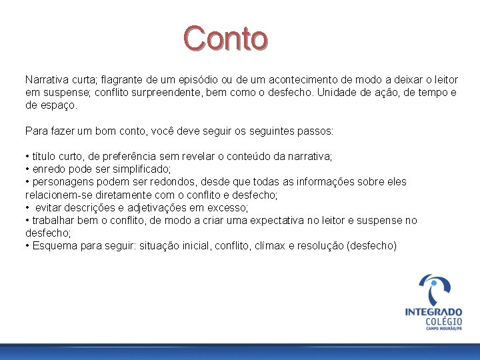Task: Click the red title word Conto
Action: pyautogui.click(x=226, y=39)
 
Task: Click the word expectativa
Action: pyautogui.click(x=272, y=221)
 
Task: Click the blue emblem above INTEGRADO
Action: pyautogui.click(x=434, y=288)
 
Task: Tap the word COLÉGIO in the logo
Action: pyautogui.click(x=443, y=323)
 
